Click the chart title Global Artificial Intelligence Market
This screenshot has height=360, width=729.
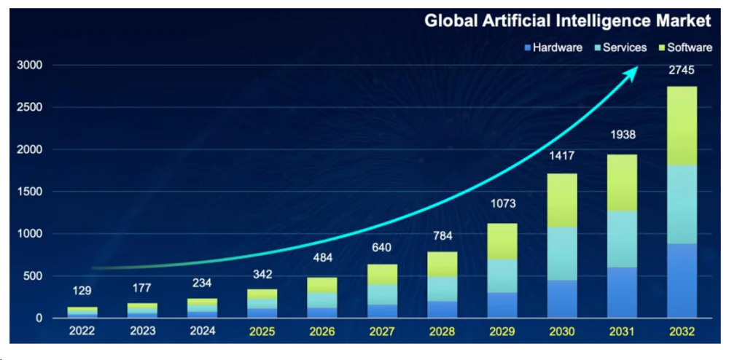568,21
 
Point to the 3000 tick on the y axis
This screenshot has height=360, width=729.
30,66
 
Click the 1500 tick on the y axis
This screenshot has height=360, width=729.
30,192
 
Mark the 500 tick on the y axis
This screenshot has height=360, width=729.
33,276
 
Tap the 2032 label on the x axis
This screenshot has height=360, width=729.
682,332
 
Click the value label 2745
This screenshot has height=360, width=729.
682,71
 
